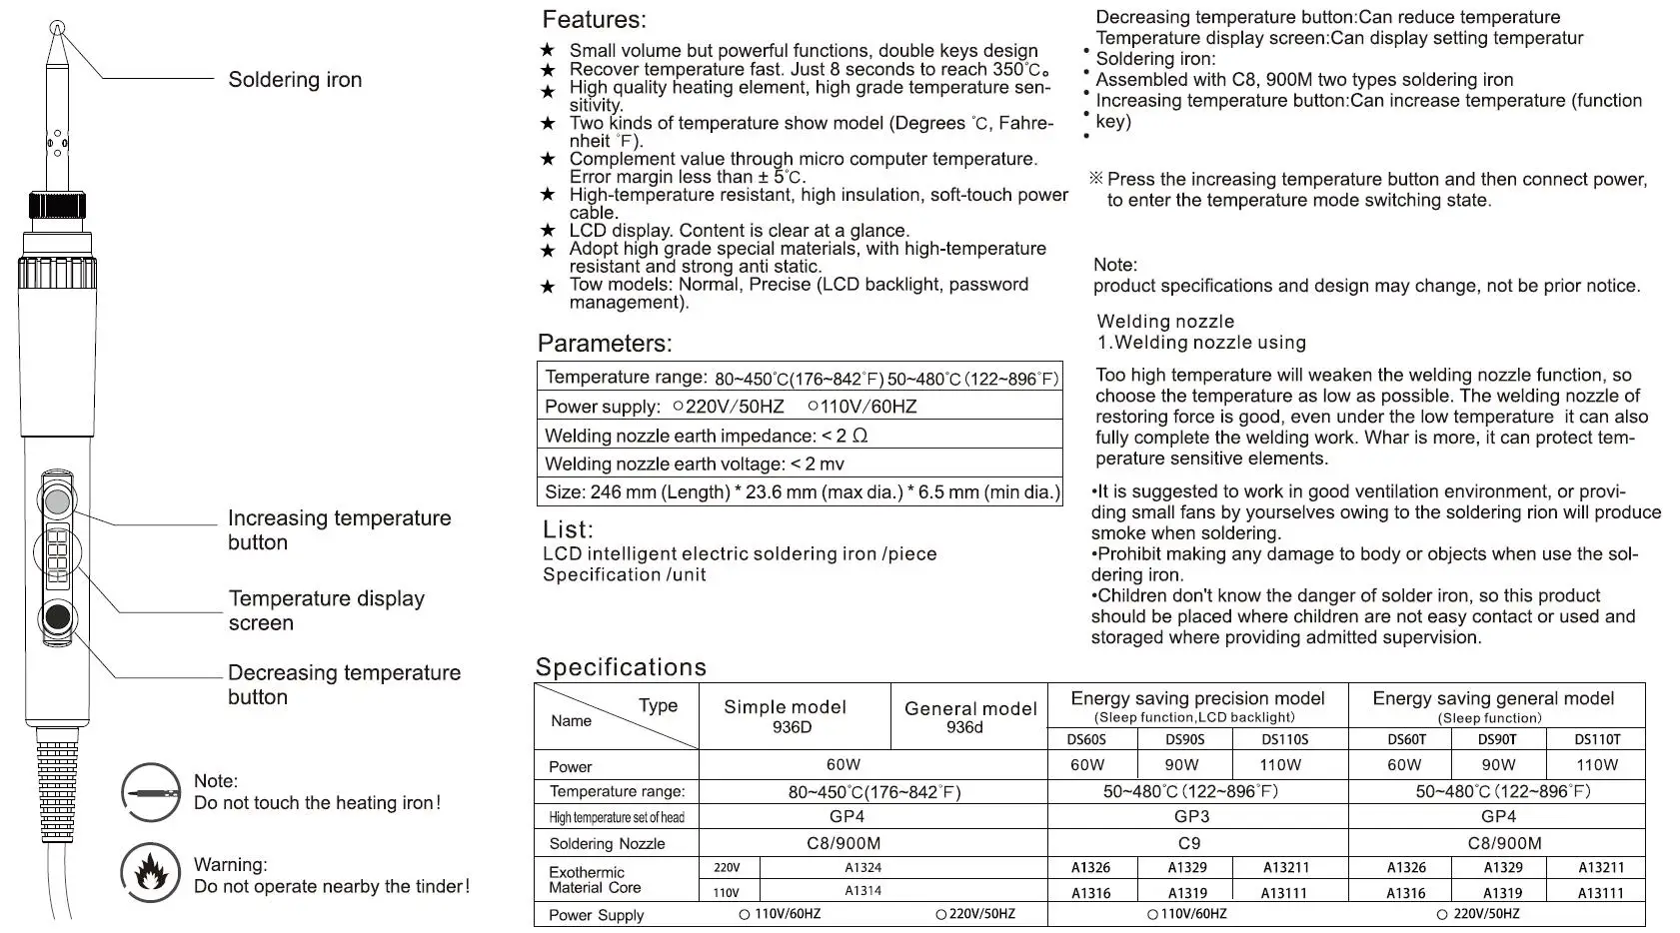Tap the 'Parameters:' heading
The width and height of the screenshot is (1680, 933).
click(605, 344)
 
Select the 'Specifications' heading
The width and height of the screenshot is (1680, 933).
click(621, 667)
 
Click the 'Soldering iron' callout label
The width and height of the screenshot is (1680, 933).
click(295, 80)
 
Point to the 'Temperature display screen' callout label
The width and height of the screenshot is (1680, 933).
click(327, 610)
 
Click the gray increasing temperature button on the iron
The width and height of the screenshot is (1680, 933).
click(58, 498)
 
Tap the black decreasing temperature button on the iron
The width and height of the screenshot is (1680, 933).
click(58, 617)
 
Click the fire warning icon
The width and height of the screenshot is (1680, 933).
click(151, 873)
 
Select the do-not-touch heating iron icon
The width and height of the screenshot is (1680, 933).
click(151, 792)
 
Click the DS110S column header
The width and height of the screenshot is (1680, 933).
click(1284, 740)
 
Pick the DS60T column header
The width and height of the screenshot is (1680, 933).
click(1406, 740)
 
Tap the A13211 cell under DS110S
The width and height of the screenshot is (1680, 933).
click(1285, 868)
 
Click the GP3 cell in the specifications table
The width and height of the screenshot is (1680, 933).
click(1191, 816)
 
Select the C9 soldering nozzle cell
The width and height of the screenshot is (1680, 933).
click(1189, 843)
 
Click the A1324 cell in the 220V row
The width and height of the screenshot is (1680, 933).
click(862, 868)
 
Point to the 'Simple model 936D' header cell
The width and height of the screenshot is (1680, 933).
click(785, 716)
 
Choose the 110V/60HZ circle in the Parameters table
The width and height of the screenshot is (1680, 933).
click(814, 406)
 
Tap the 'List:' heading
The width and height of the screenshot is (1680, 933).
click(568, 529)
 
